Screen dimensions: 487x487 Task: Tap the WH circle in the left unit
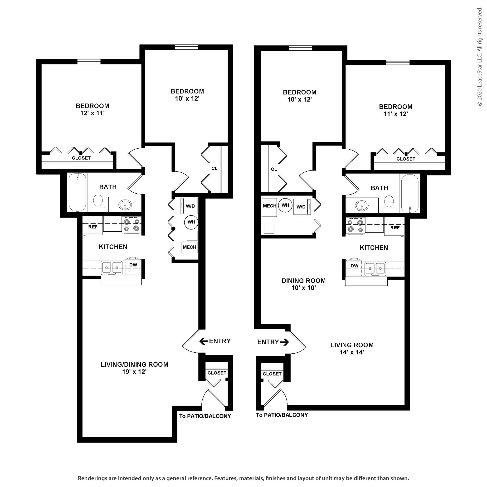[x=191, y=222]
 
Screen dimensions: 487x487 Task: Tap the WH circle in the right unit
[x=285, y=205]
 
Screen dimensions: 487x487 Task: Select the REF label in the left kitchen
[x=93, y=227]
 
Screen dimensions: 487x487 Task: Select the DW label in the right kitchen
[x=354, y=266]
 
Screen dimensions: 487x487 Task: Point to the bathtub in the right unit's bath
[x=410, y=194]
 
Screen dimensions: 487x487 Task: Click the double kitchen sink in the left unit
[x=112, y=268]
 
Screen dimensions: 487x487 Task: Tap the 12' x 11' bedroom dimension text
[x=93, y=113]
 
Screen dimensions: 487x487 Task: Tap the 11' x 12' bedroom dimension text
[x=395, y=114]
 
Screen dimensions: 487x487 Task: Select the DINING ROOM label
[x=303, y=281]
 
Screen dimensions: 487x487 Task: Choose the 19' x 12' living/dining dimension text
[x=134, y=372]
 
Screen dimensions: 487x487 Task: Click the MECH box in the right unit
[x=269, y=206]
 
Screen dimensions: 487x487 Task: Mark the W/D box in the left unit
[x=190, y=206]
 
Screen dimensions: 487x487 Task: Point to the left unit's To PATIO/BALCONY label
[x=205, y=416]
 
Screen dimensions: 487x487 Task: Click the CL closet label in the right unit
[x=274, y=169]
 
